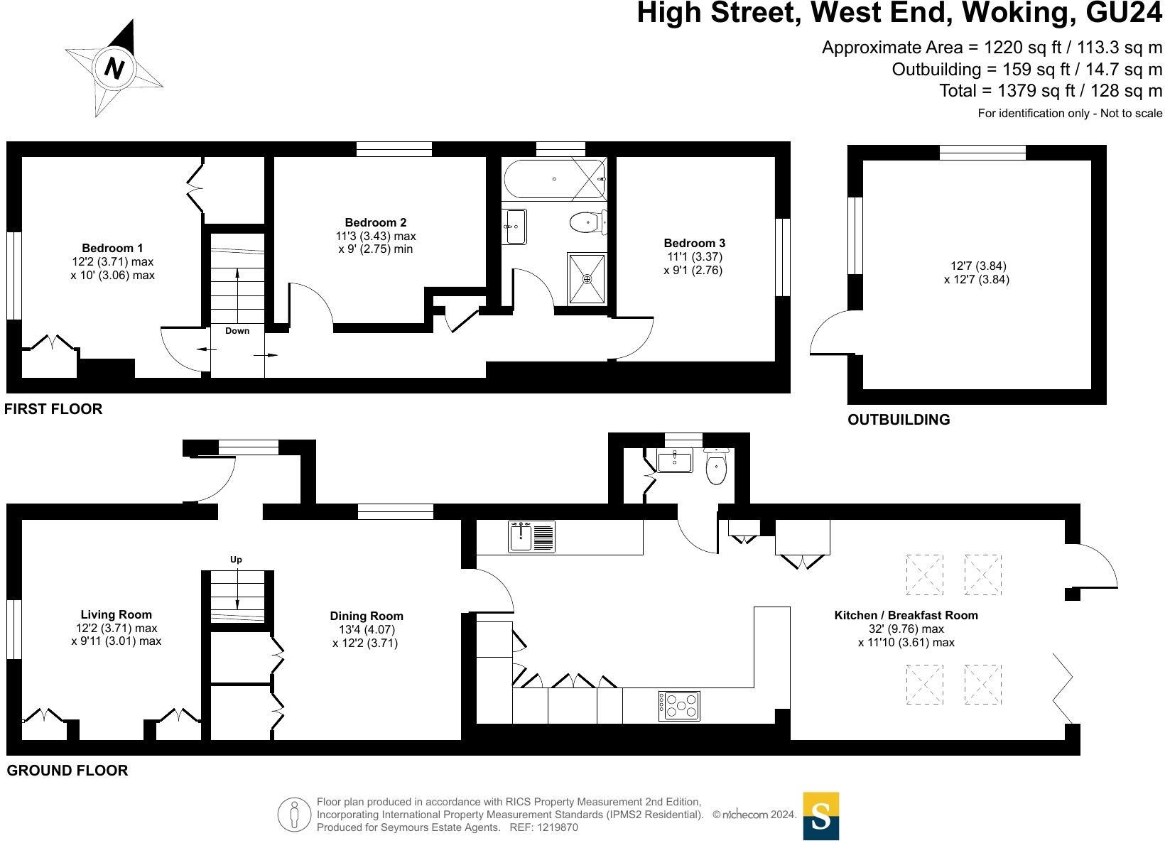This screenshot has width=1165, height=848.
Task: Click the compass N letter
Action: (114, 69)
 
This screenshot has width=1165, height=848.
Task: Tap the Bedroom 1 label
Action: (112, 248)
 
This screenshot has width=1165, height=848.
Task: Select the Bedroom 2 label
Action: (375, 222)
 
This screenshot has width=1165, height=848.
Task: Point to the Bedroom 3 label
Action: (694, 243)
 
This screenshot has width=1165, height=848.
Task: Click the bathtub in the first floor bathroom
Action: (555, 179)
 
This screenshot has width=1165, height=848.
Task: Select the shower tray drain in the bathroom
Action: (587, 279)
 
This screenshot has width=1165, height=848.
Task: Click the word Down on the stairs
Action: (237, 331)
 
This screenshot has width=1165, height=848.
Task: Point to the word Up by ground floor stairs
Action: (236, 560)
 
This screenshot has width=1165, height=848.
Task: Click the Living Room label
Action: (116, 614)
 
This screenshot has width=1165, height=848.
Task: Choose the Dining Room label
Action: (367, 616)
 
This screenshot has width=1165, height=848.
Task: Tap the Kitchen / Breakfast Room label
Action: (906, 615)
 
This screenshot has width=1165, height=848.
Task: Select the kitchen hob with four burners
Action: (679, 706)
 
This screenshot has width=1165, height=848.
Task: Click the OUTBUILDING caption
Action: (899, 420)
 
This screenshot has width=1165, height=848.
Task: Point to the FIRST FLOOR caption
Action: (53, 409)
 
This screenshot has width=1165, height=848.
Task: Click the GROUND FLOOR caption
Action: (67, 771)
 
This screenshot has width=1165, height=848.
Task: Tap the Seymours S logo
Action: (820, 816)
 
